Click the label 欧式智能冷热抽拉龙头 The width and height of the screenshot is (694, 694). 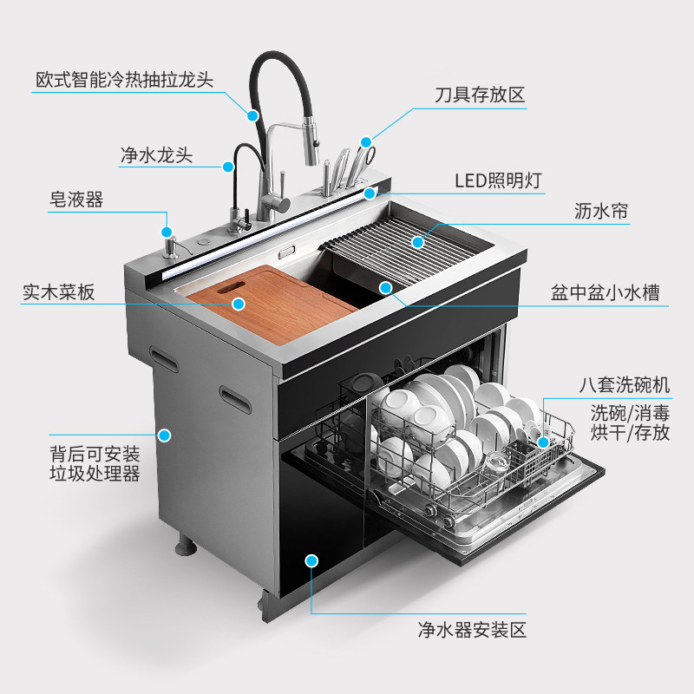(124, 80)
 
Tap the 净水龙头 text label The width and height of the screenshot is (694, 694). (157, 155)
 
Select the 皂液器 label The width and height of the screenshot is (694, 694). (76, 200)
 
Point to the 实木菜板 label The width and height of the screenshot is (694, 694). (58, 292)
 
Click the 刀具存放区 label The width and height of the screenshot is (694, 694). (481, 95)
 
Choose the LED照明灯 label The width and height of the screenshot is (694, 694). (498, 180)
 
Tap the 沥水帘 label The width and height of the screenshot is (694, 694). (601, 211)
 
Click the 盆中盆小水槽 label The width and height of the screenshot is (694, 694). (605, 293)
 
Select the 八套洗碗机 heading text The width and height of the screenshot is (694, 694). (625, 385)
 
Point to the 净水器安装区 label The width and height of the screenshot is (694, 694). (472, 630)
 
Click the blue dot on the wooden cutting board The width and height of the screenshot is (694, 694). (239, 304)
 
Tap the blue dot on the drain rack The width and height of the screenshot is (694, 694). (417, 242)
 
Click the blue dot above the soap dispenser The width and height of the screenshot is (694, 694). (167, 232)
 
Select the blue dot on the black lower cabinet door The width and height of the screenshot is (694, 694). (311, 560)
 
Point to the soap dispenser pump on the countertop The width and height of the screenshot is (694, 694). (171, 248)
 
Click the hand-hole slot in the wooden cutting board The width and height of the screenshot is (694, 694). (231, 287)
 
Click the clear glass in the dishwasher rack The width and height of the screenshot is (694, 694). (495, 463)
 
